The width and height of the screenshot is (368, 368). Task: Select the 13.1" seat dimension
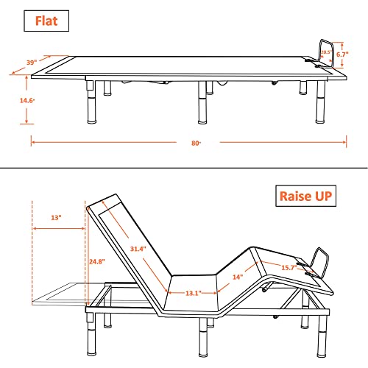(194, 293)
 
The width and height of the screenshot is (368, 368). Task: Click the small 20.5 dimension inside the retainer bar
(325, 52)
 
